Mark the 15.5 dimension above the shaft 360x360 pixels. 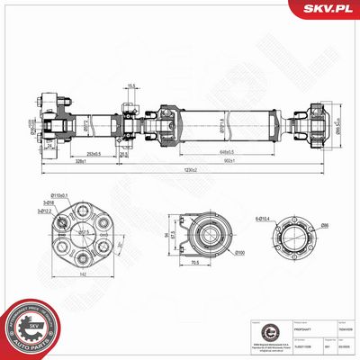131,86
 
